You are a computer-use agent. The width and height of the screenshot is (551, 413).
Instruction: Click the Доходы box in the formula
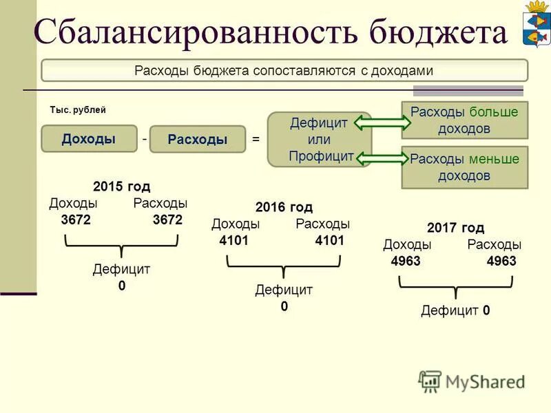89,138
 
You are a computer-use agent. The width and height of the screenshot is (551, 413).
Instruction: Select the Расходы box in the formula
198,139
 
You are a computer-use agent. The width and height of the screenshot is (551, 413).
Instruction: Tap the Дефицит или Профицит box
320,140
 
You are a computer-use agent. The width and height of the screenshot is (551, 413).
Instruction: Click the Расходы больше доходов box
464,120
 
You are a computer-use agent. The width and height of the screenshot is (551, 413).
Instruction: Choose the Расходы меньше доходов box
464,167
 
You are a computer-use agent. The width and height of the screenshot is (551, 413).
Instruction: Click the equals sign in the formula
256,139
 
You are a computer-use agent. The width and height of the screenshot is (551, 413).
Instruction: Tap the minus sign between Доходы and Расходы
145,138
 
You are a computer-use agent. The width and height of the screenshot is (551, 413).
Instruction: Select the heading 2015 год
121,187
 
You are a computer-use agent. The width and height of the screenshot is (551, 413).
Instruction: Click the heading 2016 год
284,207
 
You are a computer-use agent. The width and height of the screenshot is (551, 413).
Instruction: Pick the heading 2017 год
455,228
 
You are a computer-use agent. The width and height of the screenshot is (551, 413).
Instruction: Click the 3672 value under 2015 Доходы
76,220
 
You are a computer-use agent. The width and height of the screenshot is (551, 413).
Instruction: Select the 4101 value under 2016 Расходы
329,241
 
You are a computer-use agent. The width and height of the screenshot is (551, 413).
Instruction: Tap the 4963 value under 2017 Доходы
406,262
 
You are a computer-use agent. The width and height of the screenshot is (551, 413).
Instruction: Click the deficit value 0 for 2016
284,307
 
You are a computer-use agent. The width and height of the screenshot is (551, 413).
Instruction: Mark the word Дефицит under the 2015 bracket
121,269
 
